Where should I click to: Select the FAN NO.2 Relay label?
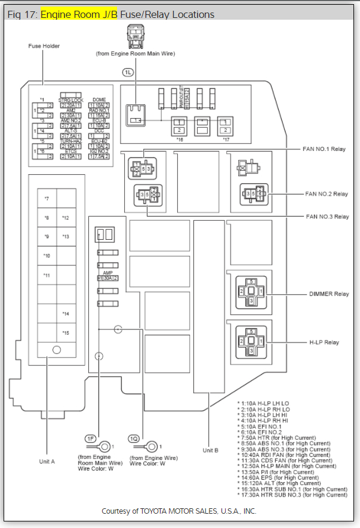(326, 194)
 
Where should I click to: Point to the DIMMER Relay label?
(328, 294)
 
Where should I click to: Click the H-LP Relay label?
(324, 342)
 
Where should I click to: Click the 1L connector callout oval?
(129, 72)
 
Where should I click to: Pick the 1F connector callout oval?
(91, 439)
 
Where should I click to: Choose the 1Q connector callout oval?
(134, 439)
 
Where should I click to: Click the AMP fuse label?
(107, 272)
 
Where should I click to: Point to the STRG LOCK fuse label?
(71, 100)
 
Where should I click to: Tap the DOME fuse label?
(99, 100)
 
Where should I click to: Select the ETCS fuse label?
(70, 152)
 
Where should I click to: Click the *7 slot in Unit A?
(47, 198)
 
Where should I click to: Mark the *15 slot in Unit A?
(65, 332)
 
